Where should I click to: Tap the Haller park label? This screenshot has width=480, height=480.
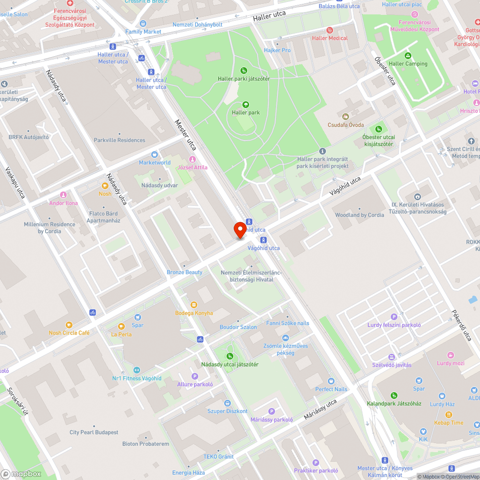click(x=245, y=113)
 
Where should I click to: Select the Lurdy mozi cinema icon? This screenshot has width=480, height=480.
click(x=451, y=355)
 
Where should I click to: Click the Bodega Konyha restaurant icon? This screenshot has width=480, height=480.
click(x=194, y=305)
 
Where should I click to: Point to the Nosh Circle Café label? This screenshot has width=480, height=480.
click(x=69, y=333)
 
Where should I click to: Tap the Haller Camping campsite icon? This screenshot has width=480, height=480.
click(x=408, y=56)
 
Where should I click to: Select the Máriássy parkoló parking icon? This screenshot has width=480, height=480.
click(x=271, y=411)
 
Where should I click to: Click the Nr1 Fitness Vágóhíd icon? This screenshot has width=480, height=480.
click(x=136, y=370)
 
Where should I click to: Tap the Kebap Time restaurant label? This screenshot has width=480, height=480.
click(x=449, y=423)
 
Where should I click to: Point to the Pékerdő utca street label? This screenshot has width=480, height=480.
click(x=462, y=325)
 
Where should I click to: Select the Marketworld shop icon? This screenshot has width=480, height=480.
click(x=155, y=155)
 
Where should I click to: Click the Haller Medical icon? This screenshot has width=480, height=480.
click(x=329, y=30)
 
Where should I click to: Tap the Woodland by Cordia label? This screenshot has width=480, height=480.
click(x=360, y=215)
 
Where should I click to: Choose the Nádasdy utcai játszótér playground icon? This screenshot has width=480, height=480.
click(x=229, y=356)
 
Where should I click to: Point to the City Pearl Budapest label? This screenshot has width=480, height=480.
click(x=94, y=432)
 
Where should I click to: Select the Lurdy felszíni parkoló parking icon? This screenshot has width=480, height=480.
click(x=394, y=317)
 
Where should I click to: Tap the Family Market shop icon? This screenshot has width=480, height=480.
click(x=143, y=24)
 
